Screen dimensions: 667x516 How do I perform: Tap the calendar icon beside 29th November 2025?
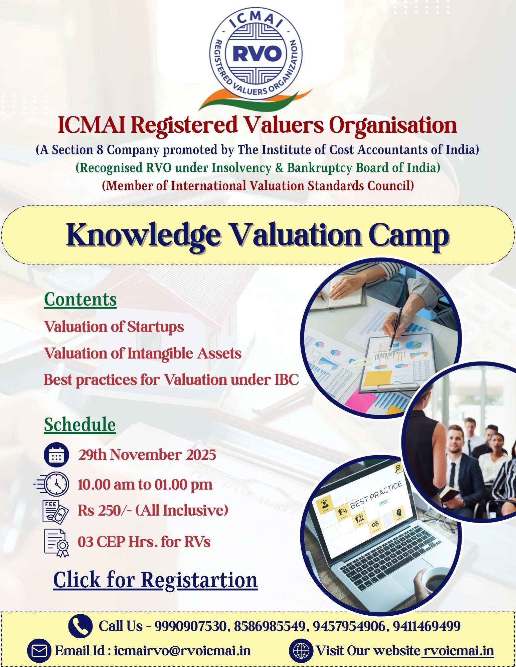(x=56, y=455)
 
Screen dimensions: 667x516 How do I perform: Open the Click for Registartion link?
(x=155, y=580)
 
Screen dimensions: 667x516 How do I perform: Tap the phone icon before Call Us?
(x=80, y=626)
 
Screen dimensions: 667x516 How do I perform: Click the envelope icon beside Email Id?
(x=39, y=651)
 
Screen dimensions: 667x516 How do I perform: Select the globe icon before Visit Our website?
(x=301, y=651)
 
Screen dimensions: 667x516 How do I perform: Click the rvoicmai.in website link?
(x=457, y=651)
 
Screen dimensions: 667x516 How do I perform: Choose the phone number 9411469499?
(x=427, y=626)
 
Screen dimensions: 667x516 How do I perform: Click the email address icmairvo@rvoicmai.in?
(x=182, y=651)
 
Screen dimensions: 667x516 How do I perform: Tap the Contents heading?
(x=80, y=299)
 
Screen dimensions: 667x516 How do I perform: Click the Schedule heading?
(x=80, y=425)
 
